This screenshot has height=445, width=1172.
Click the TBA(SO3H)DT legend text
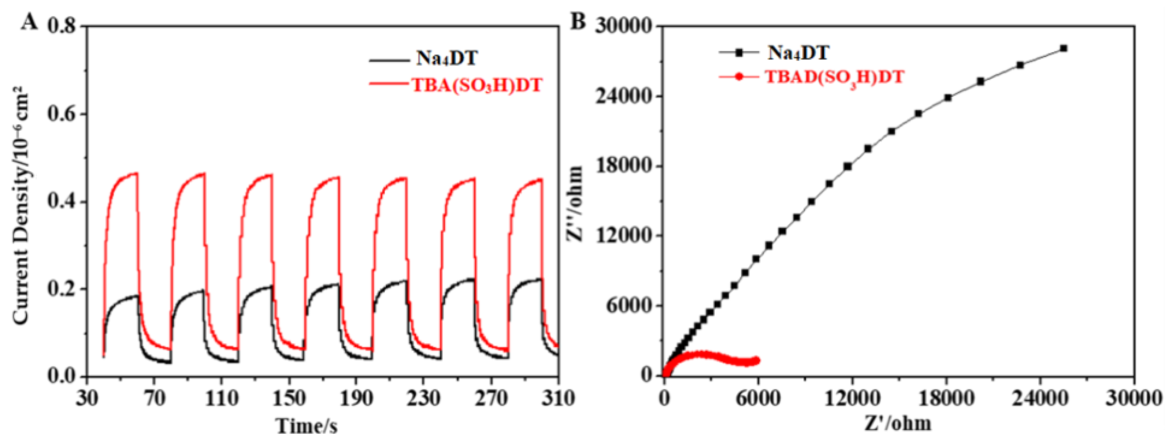[x=477, y=85]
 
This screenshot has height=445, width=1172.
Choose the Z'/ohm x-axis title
[x=898, y=424]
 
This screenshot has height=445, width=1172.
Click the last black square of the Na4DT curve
[x=1063, y=48]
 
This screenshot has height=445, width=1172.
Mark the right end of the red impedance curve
[x=757, y=360]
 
